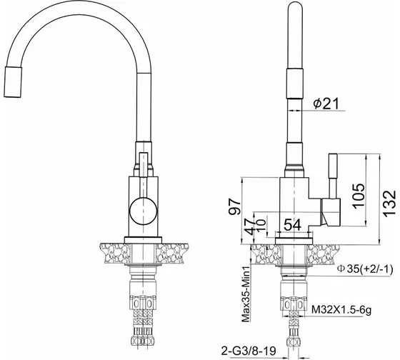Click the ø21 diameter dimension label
tap(327, 104)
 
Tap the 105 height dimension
tap(359, 196)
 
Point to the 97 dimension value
tap(234, 206)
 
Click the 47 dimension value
tap(250, 226)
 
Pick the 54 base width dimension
tap(293, 225)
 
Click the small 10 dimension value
tap(261, 226)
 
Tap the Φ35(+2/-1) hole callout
tap(365, 269)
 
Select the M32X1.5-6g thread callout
tap(342, 310)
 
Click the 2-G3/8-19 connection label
tap(249, 351)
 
